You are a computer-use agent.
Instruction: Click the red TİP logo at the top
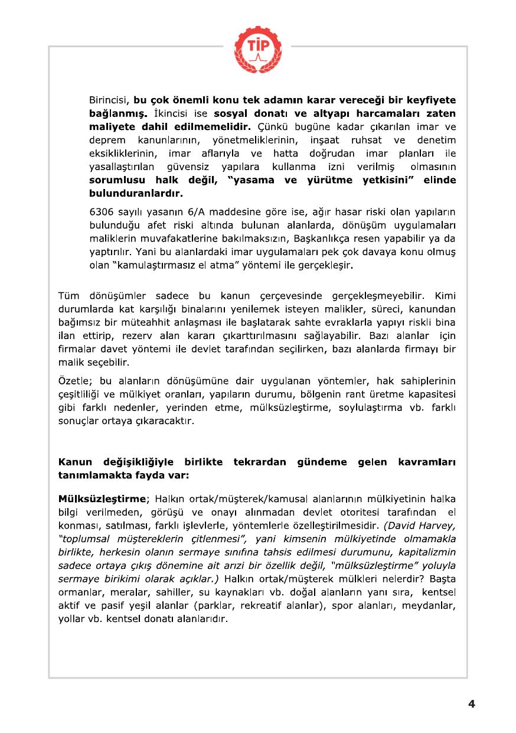(257, 45)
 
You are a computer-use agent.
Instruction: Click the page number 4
(471, 703)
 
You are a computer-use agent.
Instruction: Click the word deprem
(107, 140)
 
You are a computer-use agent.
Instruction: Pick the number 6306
(102, 211)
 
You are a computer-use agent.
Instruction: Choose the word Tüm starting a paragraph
(69, 295)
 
